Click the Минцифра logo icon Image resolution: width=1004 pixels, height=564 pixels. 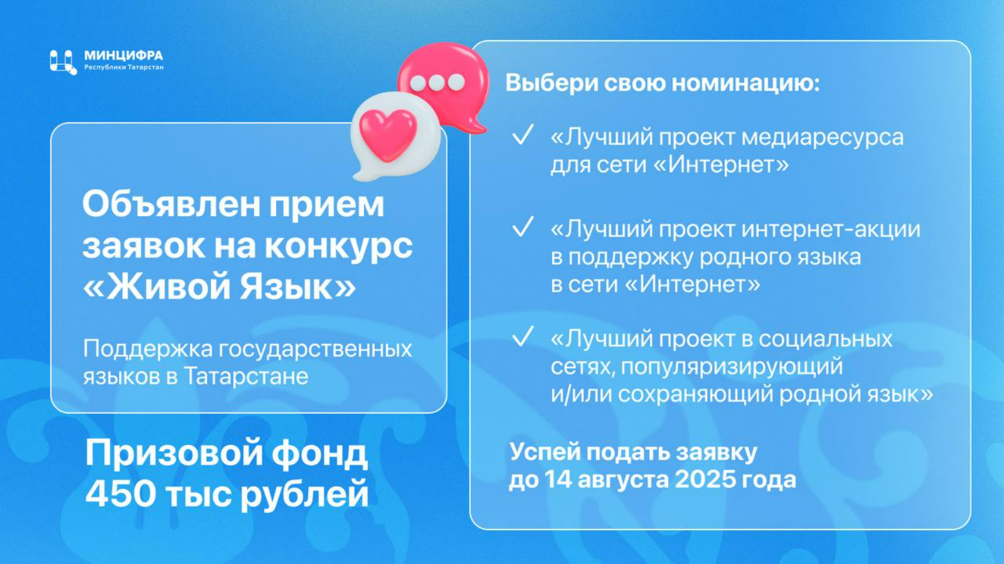point(63,62)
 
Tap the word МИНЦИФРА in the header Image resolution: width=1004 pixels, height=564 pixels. point(124,56)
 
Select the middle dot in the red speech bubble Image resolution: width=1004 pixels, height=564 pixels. point(437,82)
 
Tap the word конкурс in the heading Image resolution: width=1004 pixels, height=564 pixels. point(339,246)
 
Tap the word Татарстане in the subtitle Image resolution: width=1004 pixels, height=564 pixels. point(246,377)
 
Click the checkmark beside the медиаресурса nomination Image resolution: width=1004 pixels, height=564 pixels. point(523,134)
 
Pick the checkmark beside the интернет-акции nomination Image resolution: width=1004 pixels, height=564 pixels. point(523,226)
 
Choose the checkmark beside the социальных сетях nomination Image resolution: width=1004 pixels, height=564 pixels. point(523,336)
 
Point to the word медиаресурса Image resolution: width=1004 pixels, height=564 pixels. point(823,138)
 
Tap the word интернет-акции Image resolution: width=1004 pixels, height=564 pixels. point(831,229)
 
